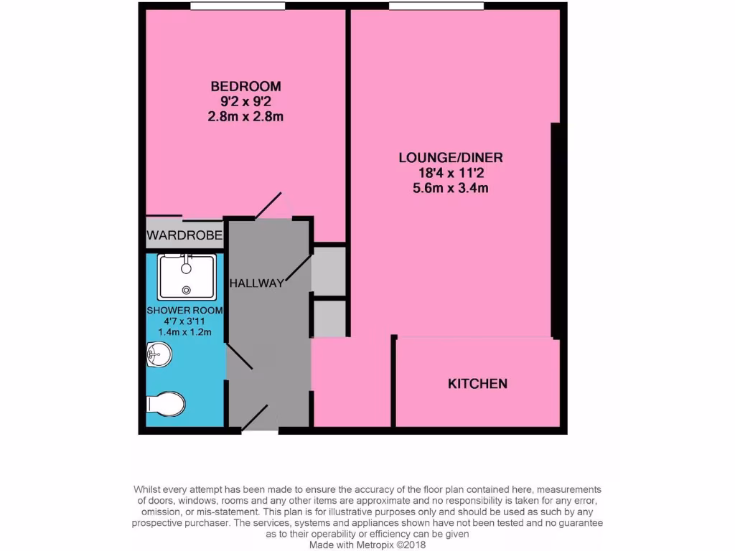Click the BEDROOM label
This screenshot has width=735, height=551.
pyautogui.click(x=245, y=86)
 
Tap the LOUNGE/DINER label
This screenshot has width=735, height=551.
pyautogui.click(x=451, y=158)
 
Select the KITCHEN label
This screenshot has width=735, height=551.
pyautogui.click(x=477, y=384)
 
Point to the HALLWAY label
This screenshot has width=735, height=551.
pyautogui.click(x=256, y=283)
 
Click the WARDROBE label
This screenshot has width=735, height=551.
pyautogui.click(x=184, y=235)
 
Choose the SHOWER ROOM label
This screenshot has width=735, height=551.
pyautogui.click(x=184, y=311)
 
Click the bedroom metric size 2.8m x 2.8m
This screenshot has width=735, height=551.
pyautogui.click(x=245, y=116)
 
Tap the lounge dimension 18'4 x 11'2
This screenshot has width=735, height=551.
pyautogui.click(x=451, y=173)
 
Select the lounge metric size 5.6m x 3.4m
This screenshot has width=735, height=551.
pyautogui.click(x=451, y=189)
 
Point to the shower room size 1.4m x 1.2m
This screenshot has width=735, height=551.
pyautogui.click(x=184, y=332)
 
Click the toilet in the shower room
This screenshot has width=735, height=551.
pyautogui.click(x=166, y=403)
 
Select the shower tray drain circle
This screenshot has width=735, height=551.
pyautogui.click(x=187, y=290)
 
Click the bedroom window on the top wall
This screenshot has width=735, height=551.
pyautogui.click(x=228, y=7)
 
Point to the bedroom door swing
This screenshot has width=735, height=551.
pyautogui.click(x=269, y=206)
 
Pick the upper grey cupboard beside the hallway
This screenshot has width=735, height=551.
pyautogui.click(x=329, y=270)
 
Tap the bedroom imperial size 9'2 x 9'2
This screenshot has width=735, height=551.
pyautogui.click(x=245, y=101)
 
